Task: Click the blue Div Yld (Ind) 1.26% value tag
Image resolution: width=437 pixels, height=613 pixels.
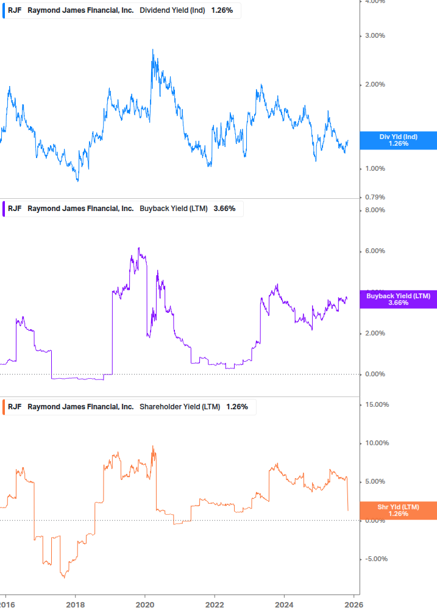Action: [x=398, y=140]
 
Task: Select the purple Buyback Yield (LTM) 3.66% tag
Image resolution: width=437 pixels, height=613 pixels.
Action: [x=398, y=299]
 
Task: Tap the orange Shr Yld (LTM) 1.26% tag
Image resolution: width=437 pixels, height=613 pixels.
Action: [x=398, y=511]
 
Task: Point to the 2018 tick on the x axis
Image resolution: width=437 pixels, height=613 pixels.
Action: [x=75, y=604]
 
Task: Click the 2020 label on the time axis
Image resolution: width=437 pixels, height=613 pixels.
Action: [x=145, y=604]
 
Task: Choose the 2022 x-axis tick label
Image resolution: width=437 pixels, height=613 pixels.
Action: [x=215, y=604]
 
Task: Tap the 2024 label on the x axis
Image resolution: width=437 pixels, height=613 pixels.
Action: [x=284, y=604]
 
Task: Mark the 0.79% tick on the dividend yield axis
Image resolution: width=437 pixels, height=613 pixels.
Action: [x=375, y=197]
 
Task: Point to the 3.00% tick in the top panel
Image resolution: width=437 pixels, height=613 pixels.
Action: [x=375, y=35]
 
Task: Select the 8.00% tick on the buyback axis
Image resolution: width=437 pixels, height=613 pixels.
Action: [x=375, y=210]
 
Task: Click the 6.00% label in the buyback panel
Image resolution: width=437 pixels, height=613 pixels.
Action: [x=375, y=251]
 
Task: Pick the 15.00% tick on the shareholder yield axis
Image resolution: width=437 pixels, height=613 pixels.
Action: [x=374, y=404]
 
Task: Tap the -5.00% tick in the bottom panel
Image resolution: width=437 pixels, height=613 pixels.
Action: [x=374, y=559]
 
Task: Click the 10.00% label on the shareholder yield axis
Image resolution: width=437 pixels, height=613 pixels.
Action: [x=374, y=443]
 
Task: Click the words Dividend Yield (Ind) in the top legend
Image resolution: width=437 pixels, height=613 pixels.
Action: [x=172, y=11]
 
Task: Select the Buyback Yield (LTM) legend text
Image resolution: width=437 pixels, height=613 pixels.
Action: [x=174, y=209]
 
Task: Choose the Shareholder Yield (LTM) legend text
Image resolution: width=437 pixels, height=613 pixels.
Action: [x=180, y=407]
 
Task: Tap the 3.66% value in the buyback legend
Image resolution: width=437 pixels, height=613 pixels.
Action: [x=224, y=209]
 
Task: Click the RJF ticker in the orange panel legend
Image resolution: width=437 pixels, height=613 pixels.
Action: [x=15, y=407]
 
